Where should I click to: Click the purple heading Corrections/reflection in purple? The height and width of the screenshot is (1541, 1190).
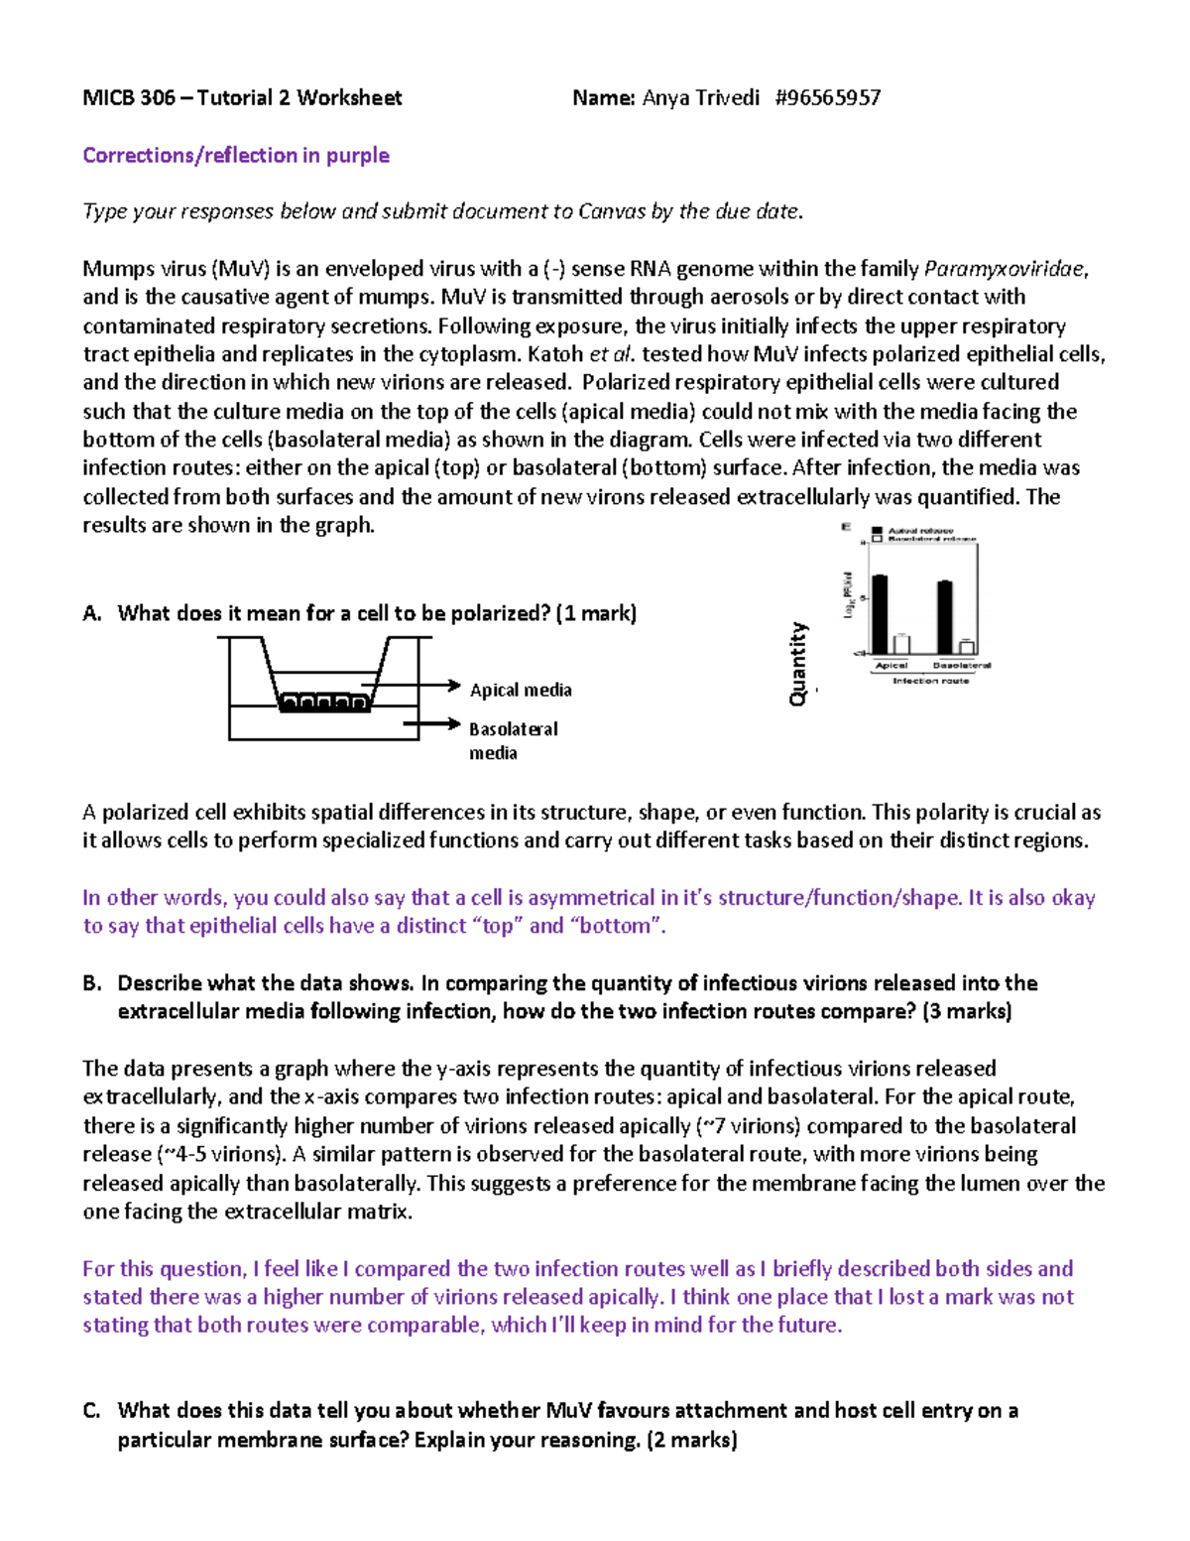pyautogui.click(x=236, y=155)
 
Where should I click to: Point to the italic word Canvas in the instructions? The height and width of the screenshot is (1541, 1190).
pyautogui.click(x=611, y=211)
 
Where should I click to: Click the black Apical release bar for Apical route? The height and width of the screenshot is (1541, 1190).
pyautogui.click(x=880, y=613)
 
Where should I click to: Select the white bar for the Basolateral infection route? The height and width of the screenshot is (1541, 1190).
pyautogui.click(x=966, y=647)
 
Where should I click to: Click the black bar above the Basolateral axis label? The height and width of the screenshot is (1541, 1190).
pyautogui.click(x=945, y=616)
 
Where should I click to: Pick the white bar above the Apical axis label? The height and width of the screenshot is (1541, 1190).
pyautogui.click(x=901, y=643)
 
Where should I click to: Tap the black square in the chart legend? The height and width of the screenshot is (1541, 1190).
pyautogui.click(x=877, y=531)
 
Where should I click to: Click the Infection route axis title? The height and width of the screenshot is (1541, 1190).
pyautogui.click(x=930, y=681)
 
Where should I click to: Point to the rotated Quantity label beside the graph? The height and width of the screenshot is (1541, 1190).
pyautogui.click(x=798, y=664)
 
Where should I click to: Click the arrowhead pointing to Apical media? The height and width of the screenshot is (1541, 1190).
pyautogui.click(x=454, y=686)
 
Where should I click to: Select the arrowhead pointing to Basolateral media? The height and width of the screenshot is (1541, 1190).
pyautogui.click(x=454, y=724)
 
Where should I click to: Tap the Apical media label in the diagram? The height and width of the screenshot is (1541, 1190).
pyautogui.click(x=521, y=690)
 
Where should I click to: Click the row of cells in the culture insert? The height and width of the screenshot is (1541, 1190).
pyautogui.click(x=324, y=703)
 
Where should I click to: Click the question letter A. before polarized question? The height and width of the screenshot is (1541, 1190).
pyautogui.click(x=92, y=613)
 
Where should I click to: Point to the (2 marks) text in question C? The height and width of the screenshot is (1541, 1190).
pyautogui.click(x=691, y=1440)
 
